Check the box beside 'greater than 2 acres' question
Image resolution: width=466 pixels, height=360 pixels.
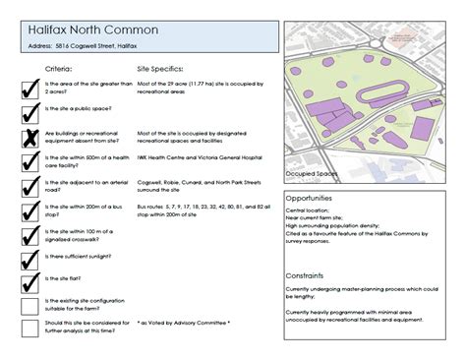[30, 89]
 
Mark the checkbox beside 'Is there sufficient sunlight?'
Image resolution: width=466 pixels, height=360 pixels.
[30, 258]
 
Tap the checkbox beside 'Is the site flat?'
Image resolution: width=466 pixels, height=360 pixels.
[30, 281]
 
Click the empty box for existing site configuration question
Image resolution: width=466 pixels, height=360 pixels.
[30, 305]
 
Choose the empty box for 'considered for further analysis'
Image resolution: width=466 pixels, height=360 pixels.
[30, 328]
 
